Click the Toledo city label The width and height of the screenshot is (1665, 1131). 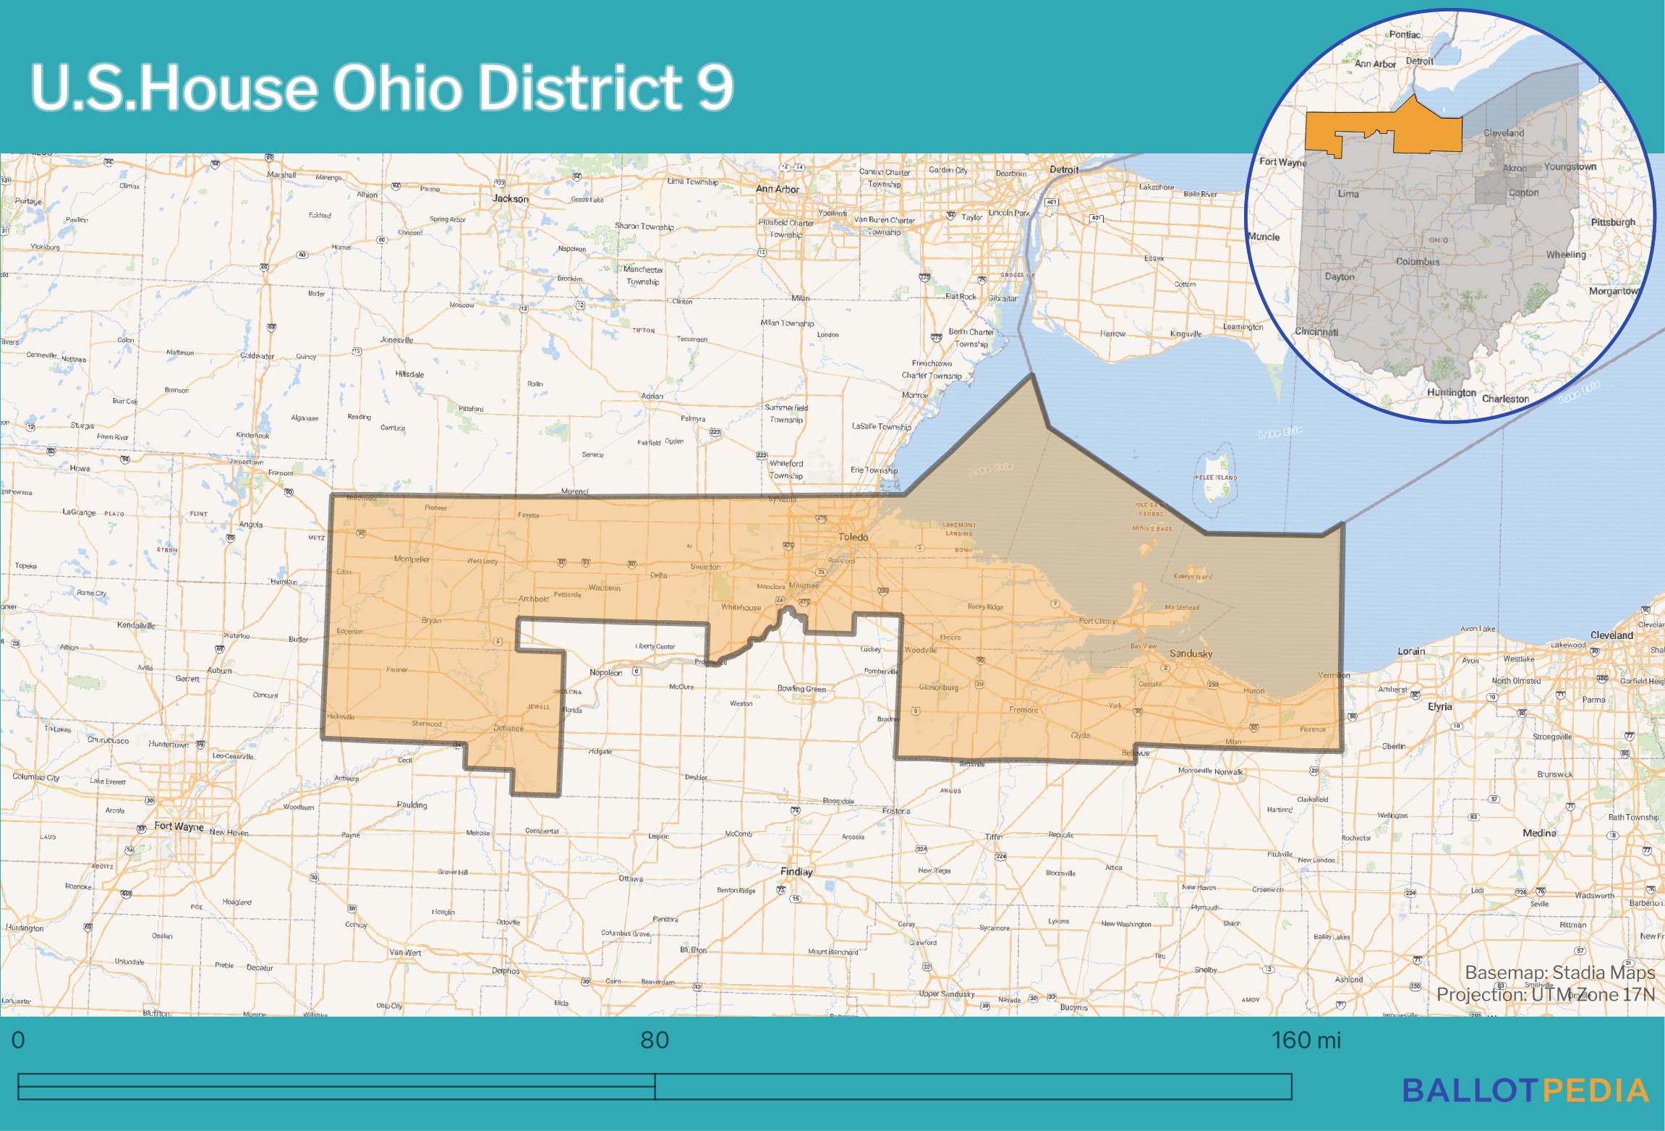point(853,537)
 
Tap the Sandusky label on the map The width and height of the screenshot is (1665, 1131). point(1191,653)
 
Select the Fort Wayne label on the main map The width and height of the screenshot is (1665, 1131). point(179,826)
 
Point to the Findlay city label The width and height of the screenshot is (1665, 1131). point(796,871)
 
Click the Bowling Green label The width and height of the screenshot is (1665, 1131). point(801,688)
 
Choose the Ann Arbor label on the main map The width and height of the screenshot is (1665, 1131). point(777,189)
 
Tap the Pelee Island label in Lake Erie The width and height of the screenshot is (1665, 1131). point(1215,478)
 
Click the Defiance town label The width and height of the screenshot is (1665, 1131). point(508,728)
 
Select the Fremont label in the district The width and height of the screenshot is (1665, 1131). point(1023,710)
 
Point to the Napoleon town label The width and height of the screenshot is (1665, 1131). point(605,672)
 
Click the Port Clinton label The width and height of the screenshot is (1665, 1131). point(1098,621)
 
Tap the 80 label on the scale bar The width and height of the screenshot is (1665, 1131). point(655,1040)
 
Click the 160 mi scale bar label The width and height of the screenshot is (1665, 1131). point(1306,1040)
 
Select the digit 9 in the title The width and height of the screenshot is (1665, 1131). point(715,87)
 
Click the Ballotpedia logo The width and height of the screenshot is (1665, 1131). point(1525,1090)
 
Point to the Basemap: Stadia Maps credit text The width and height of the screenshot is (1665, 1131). point(1559,972)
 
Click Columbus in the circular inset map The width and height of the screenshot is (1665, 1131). point(1417,261)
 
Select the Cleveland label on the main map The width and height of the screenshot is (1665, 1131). point(1611,635)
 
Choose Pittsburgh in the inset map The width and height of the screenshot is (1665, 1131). point(1612,221)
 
